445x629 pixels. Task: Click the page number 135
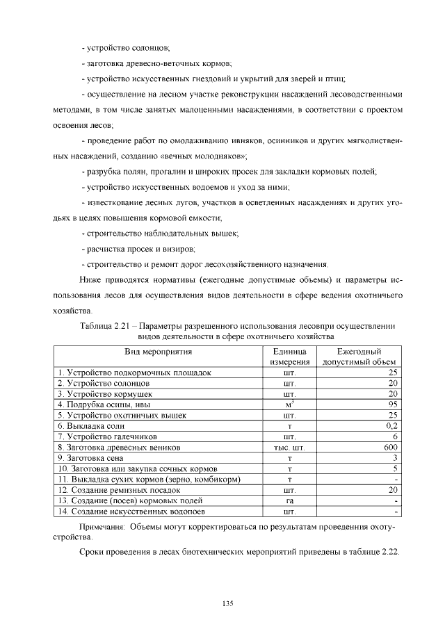pos(227,602)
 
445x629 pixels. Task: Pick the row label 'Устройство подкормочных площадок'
pos(134,372)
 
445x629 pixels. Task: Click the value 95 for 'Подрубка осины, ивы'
pos(391,404)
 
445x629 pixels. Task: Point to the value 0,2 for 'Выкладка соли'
pos(390,425)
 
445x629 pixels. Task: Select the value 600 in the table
pos(390,447)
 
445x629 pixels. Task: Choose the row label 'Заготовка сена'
pos(90,458)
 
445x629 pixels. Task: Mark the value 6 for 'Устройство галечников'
pos(394,436)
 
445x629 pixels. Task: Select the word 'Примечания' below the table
pos(103,527)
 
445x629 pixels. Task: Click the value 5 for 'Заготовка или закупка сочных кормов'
pos(394,468)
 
